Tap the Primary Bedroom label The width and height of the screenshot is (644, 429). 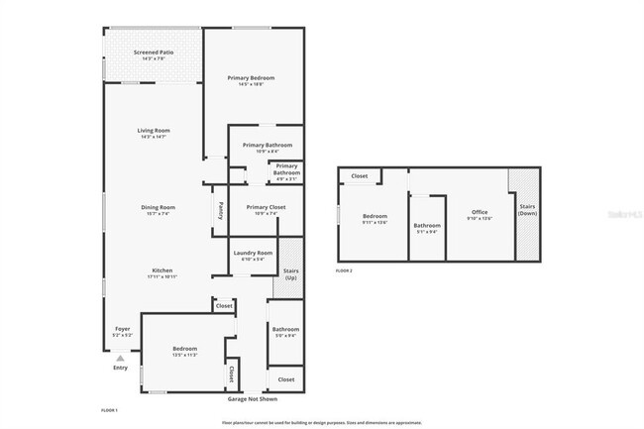[251, 79]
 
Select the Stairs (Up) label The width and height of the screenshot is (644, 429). [291, 274]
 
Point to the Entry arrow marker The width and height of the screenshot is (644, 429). [120, 359]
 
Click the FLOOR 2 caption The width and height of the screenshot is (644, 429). [344, 269]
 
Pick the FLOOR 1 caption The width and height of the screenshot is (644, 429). [109, 409]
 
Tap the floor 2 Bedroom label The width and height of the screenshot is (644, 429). [374, 218]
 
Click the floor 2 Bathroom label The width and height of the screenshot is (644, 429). [427, 227]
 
